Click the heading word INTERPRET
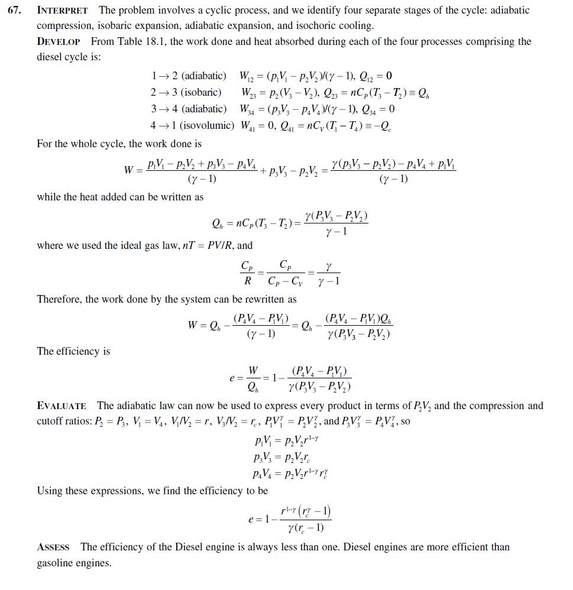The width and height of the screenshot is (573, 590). tap(62, 11)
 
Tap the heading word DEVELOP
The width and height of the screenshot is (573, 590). tap(61, 42)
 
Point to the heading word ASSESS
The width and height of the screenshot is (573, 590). tap(53, 547)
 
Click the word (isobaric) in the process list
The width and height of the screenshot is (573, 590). tap(202, 92)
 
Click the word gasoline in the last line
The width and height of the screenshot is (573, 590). tap(56, 563)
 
